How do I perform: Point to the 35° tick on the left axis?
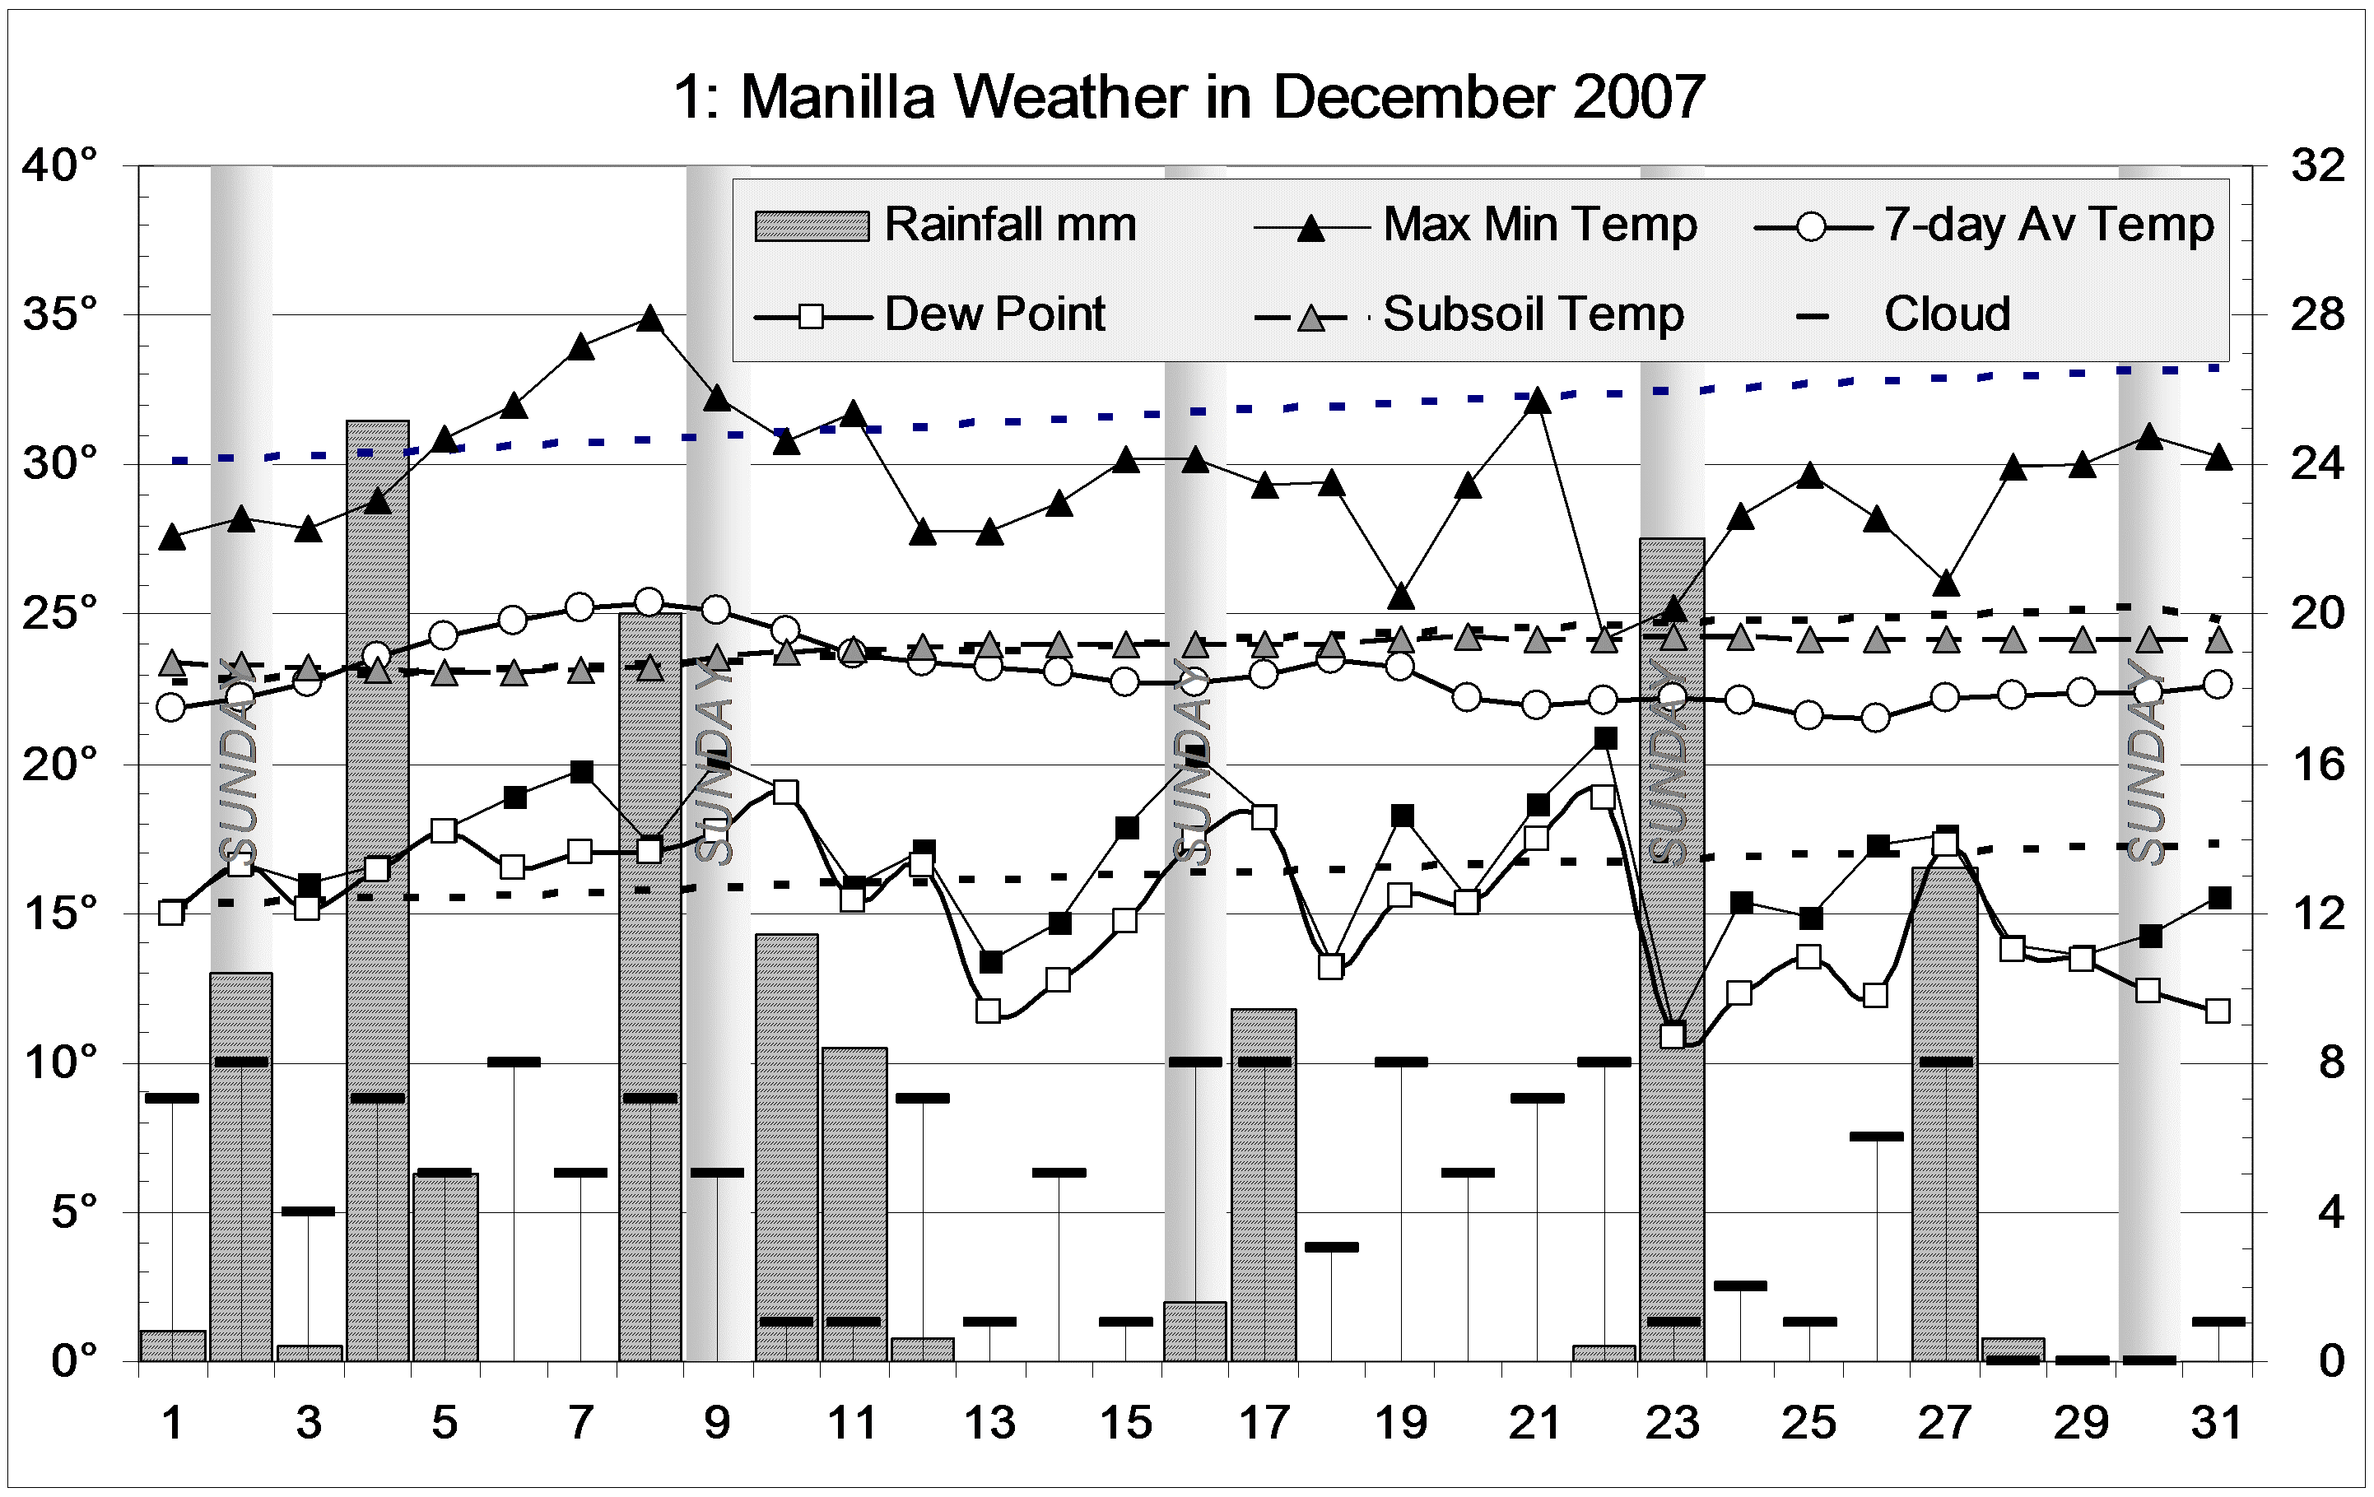(x=60, y=314)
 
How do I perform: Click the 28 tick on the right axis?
(x=2317, y=314)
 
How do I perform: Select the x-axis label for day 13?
(x=989, y=1422)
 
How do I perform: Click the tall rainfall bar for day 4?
(x=377, y=887)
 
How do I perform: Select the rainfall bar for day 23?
(x=1672, y=946)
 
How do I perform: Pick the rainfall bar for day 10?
(x=786, y=1143)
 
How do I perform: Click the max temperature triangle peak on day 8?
(x=649, y=318)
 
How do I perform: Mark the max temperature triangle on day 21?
(x=1536, y=400)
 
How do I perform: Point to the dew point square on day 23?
(x=1672, y=1036)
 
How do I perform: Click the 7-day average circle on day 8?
(x=649, y=601)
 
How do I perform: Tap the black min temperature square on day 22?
(x=1605, y=737)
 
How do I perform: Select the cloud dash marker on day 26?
(x=1876, y=1137)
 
